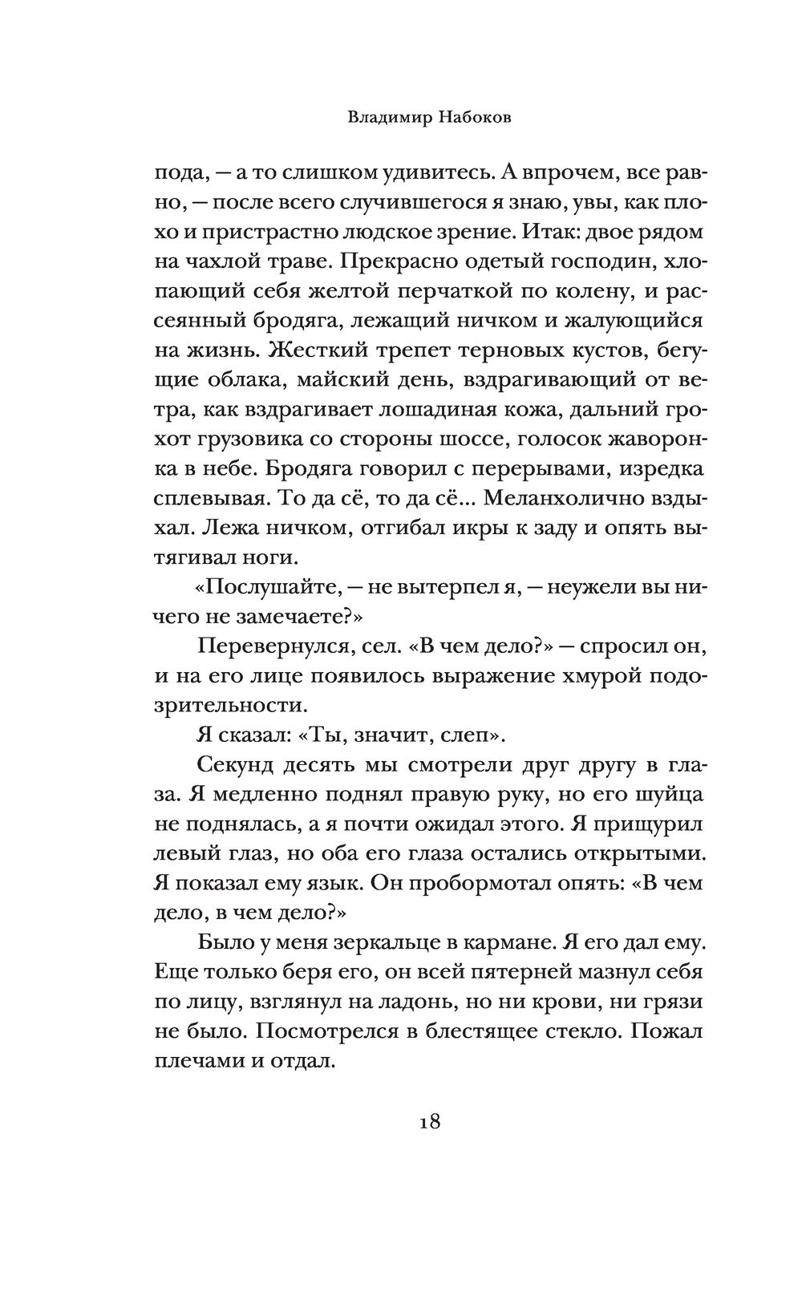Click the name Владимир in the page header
(x=389, y=116)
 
